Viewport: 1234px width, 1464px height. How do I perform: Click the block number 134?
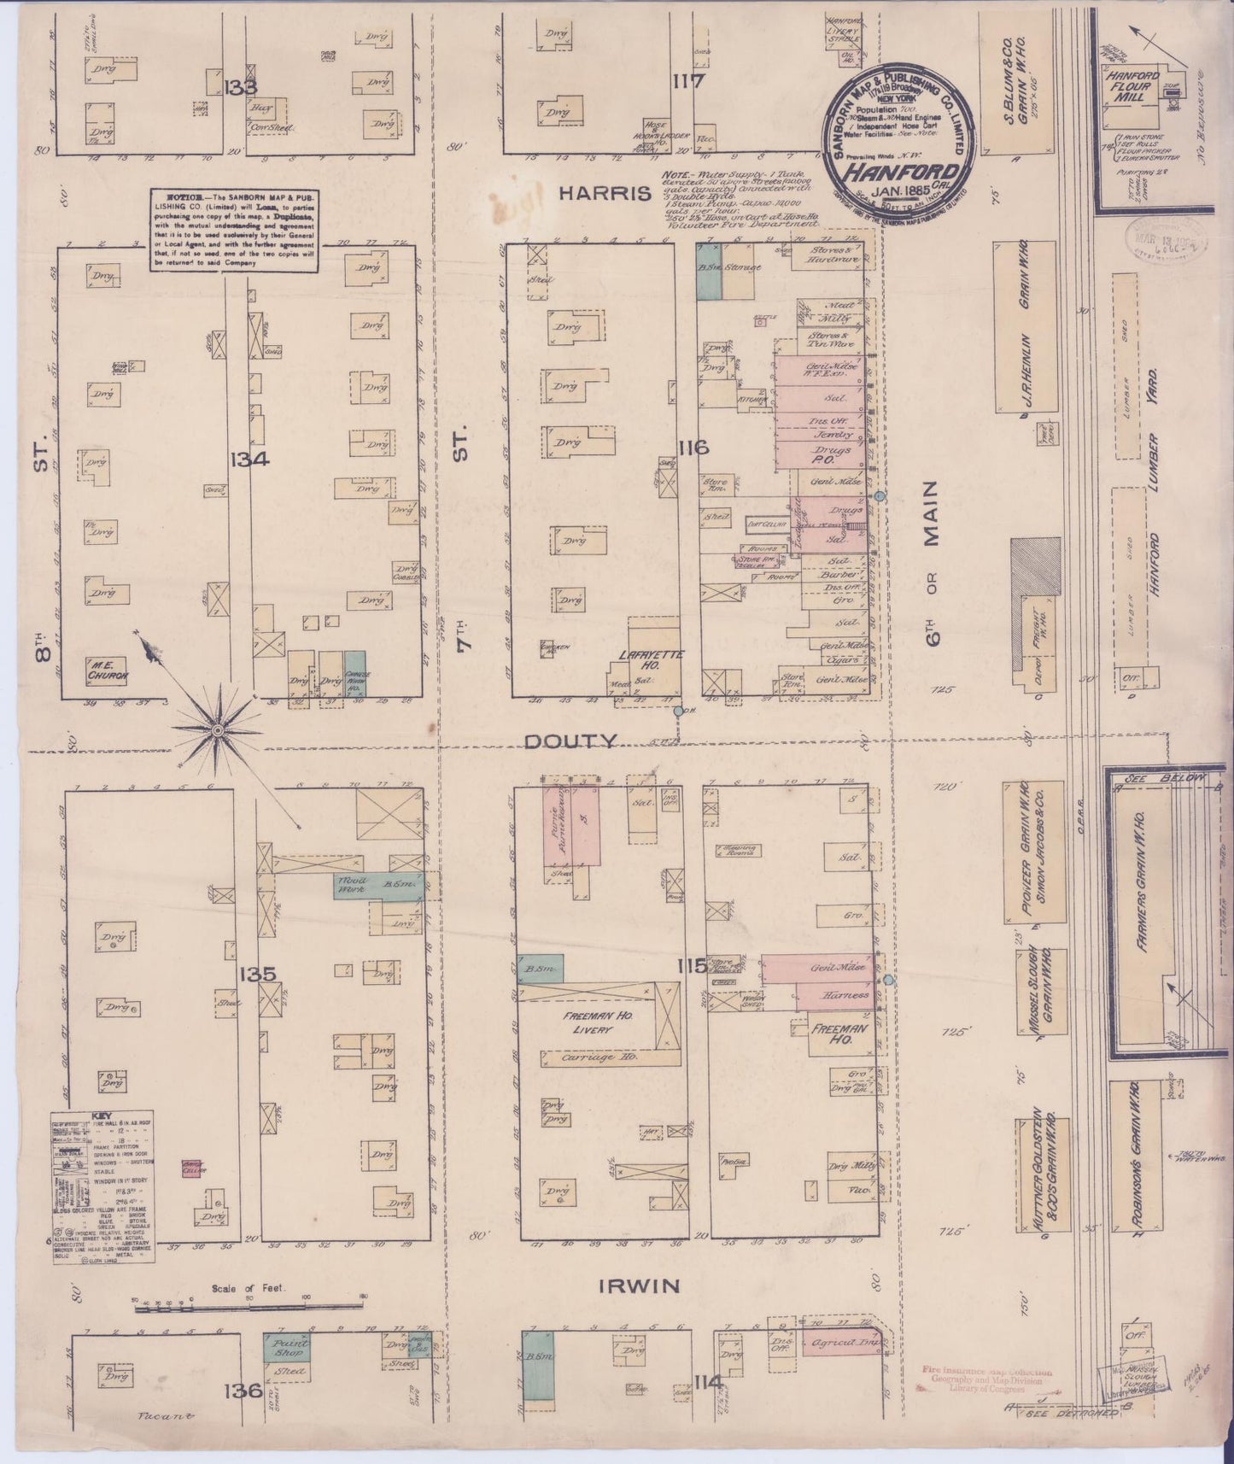[249, 459]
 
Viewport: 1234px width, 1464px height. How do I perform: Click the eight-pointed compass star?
[218, 731]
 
